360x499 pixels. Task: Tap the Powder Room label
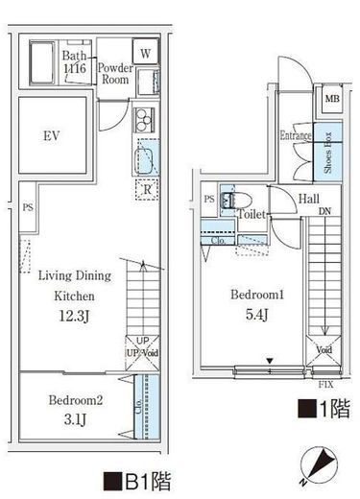pos(115,74)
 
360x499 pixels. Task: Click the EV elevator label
pos(51,136)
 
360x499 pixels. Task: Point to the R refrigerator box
pos(147,189)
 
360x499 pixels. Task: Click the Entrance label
pos(297,135)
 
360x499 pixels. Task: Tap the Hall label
pos(309,199)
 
